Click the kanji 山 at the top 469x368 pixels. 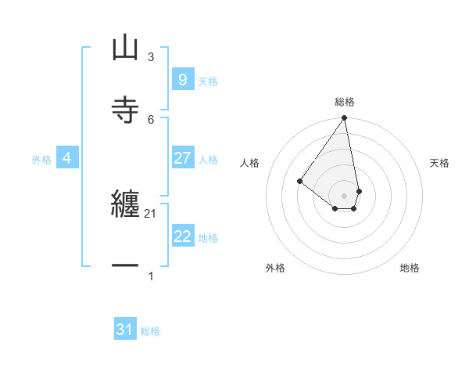pos(125,48)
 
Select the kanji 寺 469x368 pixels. pos(125,109)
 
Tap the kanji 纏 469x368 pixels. pos(125,205)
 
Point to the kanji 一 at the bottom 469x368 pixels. pos(125,266)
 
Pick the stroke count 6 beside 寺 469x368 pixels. pos(151,119)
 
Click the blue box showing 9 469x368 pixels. pos(182,80)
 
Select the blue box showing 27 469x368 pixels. pos(182,158)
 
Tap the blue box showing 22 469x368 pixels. pos(182,236)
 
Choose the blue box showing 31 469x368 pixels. pos(125,330)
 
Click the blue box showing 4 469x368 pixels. pos(67,158)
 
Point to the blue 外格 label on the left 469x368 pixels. pos(41,159)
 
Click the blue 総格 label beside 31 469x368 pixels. pos(150,331)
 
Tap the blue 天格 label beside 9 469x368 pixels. pos(208,81)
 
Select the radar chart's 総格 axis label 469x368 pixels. pos(345,102)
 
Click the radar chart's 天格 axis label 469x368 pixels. pos(439,163)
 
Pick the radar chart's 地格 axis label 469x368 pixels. pos(410,268)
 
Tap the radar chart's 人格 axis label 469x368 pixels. pos(250,163)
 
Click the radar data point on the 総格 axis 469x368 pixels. pos(345,118)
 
